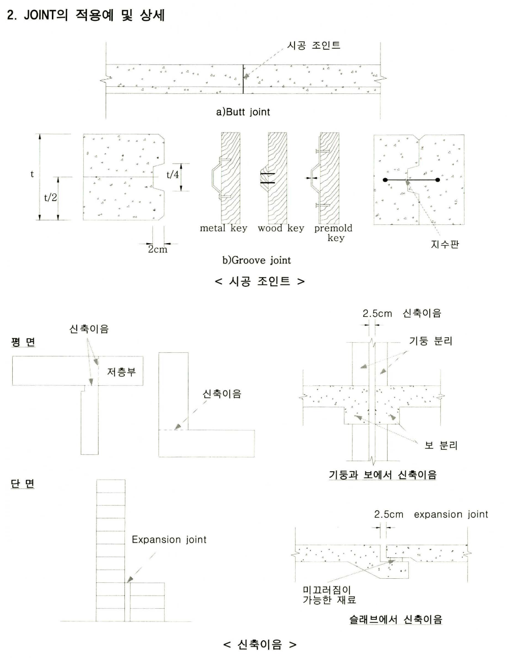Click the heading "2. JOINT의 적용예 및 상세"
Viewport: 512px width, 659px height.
[x=86, y=15]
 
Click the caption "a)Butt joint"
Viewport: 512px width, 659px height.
[x=243, y=112]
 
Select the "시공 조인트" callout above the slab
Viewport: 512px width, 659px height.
[x=313, y=45]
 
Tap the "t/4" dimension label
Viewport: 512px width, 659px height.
[x=173, y=175]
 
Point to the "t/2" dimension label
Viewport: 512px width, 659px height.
[x=50, y=197]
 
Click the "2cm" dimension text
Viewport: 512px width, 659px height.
[x=157, y=249]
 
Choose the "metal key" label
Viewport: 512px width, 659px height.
[x=223, y=228]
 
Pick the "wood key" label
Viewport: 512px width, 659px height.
[x=281, y=228]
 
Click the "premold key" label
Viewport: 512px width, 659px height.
[x=333, y=233]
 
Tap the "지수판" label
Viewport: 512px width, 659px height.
[x=444, y=244]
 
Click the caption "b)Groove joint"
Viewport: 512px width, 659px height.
[x=257, y=260]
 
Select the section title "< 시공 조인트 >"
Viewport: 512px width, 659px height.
[x=260, y=281]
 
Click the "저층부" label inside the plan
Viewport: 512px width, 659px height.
[x=121, y=372]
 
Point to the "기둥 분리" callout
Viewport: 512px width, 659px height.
[x=430, y=341]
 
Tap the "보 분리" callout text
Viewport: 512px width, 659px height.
[x=441, y=445]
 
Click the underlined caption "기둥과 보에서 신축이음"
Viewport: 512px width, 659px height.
[x=382, y=475]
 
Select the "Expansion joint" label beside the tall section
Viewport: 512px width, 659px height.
[x=169, y=540]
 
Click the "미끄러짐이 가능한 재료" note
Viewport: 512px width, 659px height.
[x=329, y=595]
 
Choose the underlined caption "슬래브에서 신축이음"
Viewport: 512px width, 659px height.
[x=396, y=619]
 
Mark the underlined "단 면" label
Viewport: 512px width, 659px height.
[x=23, y=483]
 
